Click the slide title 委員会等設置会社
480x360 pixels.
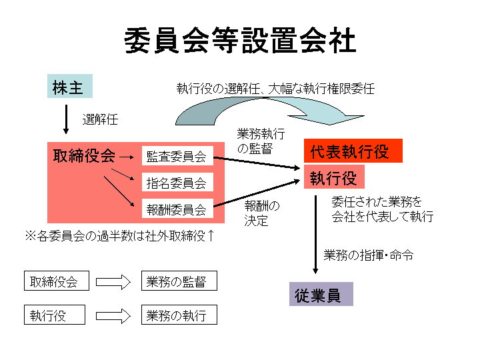240,41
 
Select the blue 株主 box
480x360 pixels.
69,87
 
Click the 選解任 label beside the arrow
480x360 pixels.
100,120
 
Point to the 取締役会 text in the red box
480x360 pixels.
84,156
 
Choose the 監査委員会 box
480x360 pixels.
177,157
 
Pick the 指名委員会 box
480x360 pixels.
177,182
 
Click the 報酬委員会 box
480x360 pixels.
177,210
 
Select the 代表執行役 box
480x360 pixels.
353,151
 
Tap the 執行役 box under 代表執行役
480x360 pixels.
334,177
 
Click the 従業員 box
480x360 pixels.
321,295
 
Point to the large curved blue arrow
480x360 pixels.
267,111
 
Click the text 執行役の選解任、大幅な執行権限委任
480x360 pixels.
275,88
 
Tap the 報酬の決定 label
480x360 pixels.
261,213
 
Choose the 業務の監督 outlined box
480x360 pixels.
179,281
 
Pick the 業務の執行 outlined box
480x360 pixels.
179,315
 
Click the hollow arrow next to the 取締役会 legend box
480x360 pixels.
113,281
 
